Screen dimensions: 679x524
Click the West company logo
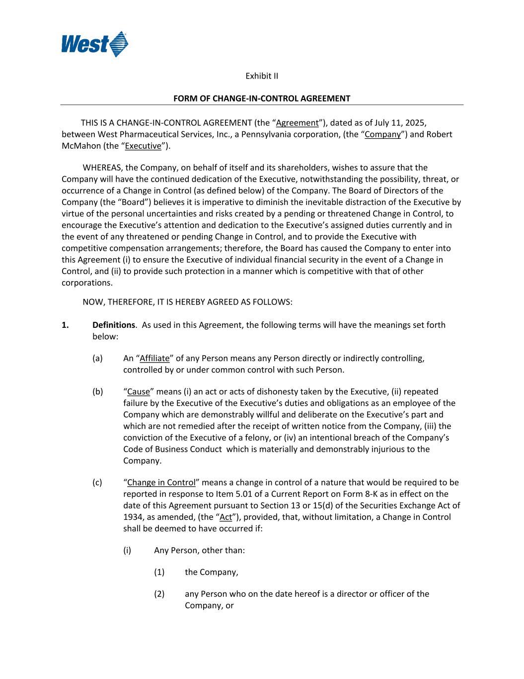(x=94, y=44)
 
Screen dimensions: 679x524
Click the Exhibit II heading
(x=262, y=76)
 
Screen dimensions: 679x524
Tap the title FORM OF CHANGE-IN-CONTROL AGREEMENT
(x=262, y=98)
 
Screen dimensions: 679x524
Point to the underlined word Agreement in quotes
(x=298, y=123)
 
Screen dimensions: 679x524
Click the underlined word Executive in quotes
(x=143, y=146)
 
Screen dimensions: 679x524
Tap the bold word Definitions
(x=114, y=325)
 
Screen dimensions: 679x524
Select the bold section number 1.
(x=65, y=325)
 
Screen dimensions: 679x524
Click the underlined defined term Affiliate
(x=154, y=358)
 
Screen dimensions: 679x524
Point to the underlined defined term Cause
(x=139, y=391)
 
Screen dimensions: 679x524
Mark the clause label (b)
(x=98, y=391)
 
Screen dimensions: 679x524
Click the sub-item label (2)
(x=159, y=594)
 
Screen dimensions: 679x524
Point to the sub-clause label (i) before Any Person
(x=127, y=550)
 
